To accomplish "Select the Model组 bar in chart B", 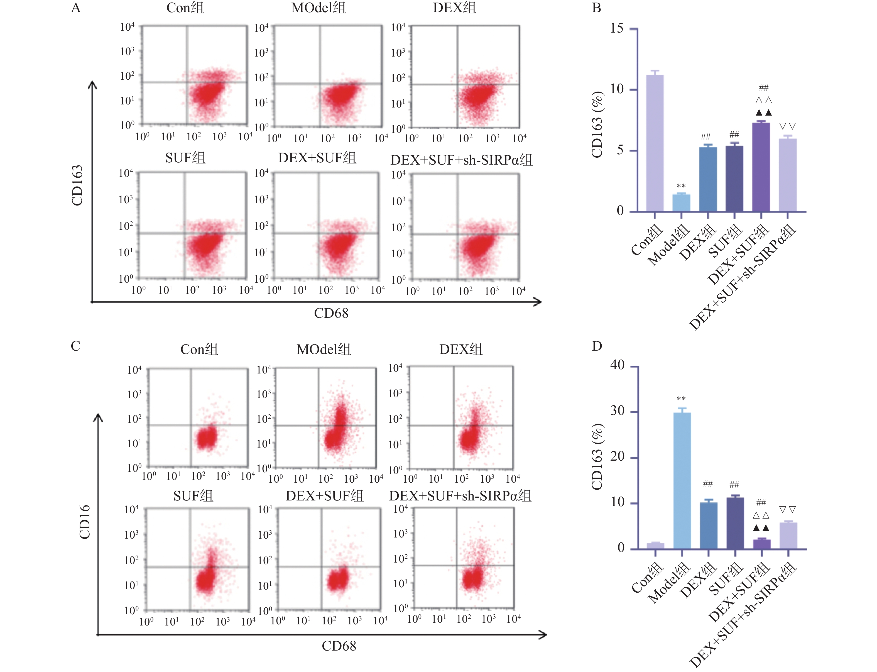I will [681, 202].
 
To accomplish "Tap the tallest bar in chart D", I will [682, 480].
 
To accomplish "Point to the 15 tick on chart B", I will [617, 28].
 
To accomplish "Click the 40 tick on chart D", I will [617, 365].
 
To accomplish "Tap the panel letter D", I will [597, 346].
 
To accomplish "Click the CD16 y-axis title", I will [84, 522].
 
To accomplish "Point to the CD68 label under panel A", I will [331, 313].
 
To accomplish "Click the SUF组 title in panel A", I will [185, 158].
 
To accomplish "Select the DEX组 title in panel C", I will [461, 350].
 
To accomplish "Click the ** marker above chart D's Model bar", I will [681, 399].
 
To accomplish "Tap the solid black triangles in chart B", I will [763, 113].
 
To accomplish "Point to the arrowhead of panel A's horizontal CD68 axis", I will [539, 302].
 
